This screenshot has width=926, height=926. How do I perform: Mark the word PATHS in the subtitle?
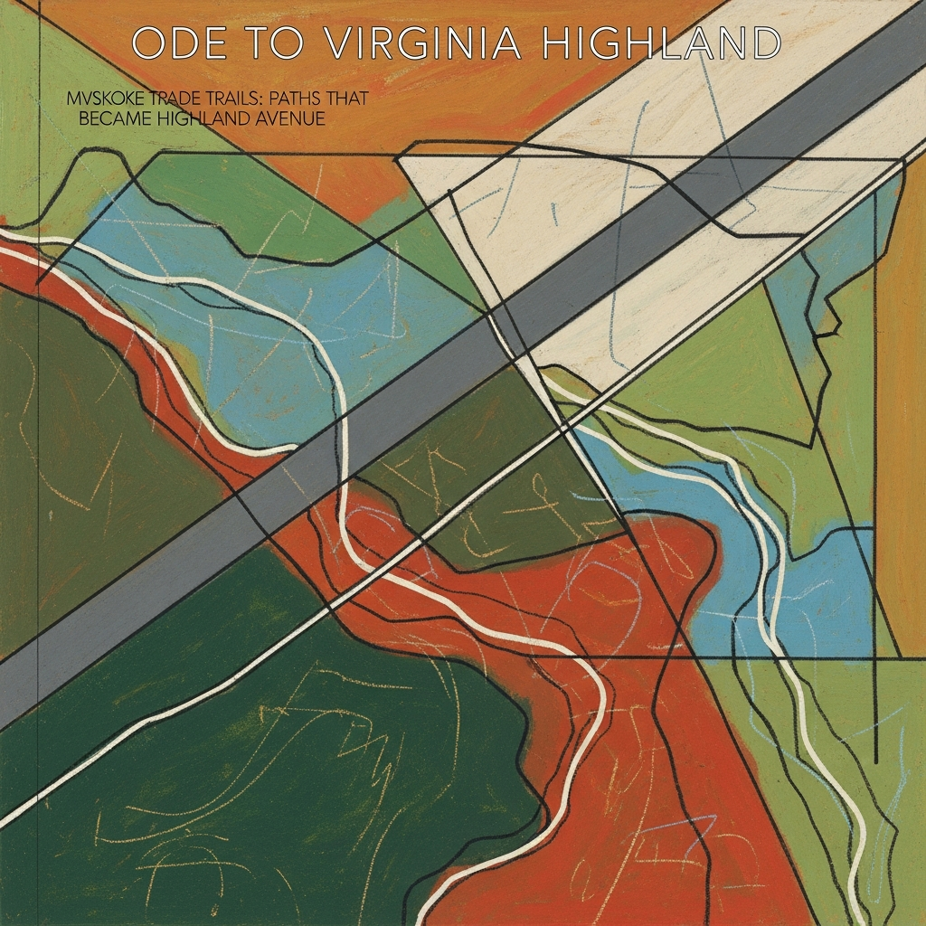point(292,98)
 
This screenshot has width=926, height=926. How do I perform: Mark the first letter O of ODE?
point(148,43)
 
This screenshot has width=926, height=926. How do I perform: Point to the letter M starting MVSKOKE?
point(73,98)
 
